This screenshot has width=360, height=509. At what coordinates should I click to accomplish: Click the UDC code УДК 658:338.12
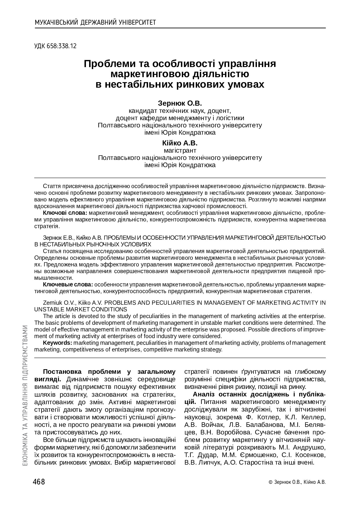click(55, 46)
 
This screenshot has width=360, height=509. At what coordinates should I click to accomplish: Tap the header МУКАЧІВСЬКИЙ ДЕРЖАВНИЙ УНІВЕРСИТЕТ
click(95, 22)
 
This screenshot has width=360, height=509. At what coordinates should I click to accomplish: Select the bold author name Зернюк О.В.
click(180, 103)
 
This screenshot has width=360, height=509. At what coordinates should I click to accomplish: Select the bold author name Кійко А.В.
click(180, 143)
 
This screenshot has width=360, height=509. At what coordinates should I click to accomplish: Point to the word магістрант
click(180, 150)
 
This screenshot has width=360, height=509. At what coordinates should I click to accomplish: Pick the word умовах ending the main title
click(245, 84)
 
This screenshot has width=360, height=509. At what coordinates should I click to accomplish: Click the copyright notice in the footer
click(297, 482)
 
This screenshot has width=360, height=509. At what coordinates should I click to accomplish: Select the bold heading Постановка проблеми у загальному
click(109, 372)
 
